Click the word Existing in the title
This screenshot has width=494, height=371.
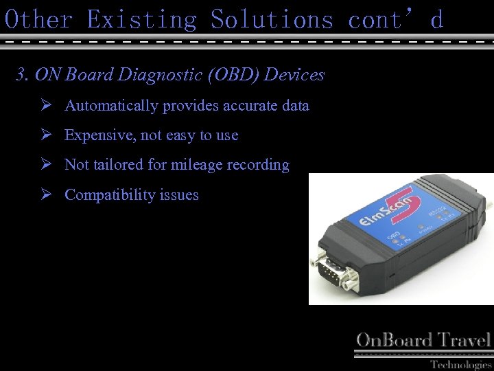[141, 19]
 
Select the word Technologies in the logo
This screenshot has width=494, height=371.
[460, 364]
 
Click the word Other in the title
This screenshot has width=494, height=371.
[38, 19]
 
